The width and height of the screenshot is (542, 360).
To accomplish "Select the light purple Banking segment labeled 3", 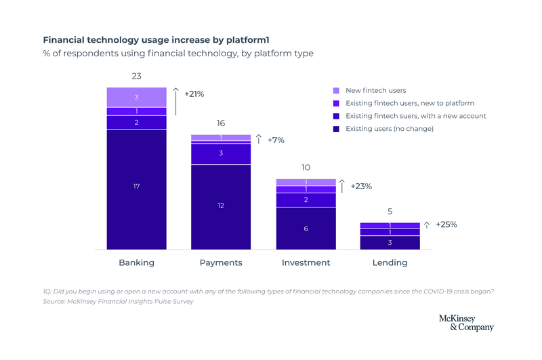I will point(136,98).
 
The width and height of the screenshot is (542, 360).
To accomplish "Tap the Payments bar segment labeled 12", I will point(221,206).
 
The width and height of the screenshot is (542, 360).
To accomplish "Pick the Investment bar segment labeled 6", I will point(306,228).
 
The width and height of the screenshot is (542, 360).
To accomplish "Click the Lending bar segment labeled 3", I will point(390,243).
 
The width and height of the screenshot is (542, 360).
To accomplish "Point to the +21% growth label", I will point(194,94).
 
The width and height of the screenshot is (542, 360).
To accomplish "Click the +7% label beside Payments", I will point(276,140).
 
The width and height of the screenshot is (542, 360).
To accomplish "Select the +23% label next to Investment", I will point(361,186).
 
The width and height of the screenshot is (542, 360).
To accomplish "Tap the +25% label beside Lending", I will point(446,224).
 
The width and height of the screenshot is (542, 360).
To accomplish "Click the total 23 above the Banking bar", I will point(136,77).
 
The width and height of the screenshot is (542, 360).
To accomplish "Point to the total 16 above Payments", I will point(221,123).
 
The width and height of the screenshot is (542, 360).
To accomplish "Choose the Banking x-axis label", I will point(136,262).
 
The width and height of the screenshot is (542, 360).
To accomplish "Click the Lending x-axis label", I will point(390,262).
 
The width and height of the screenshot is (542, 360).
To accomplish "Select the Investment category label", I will point(306,262).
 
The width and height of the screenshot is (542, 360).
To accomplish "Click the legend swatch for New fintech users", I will point(336,90).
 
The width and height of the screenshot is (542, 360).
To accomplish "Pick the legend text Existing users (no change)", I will point(389,129).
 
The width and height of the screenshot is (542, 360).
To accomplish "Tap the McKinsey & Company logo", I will point(466,323).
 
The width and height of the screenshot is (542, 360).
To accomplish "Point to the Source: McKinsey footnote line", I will point(118,302).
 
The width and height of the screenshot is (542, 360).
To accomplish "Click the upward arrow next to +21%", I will point(175,100).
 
